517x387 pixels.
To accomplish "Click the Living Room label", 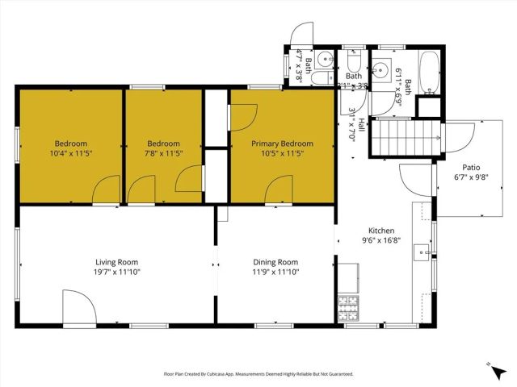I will point(116,262).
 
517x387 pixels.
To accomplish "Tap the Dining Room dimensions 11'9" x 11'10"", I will point(276,273).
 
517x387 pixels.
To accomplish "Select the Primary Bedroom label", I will point(282,144).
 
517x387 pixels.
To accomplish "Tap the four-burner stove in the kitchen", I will point(348,308).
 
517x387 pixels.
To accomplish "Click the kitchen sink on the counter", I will point(422,252).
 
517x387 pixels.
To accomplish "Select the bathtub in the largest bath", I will point(430,66).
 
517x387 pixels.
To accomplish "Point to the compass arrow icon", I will point(492,368).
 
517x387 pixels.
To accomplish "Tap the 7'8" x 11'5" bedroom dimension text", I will point(162,155).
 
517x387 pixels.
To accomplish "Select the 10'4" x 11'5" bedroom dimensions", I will point(70,155).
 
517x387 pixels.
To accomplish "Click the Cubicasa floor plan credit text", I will point(258,374).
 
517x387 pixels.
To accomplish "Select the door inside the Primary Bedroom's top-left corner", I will point(242,117).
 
